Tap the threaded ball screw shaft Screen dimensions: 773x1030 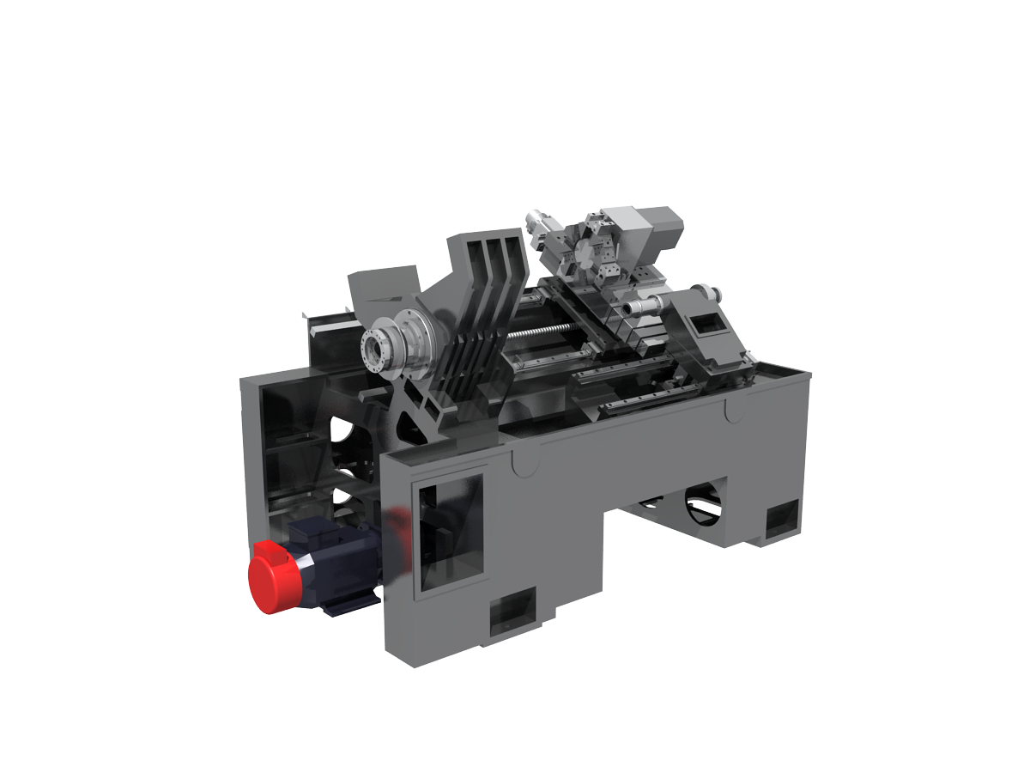tap(533, 329)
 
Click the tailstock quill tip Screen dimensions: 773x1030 tap(634, 307)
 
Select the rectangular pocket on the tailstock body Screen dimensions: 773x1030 tap(706, 325)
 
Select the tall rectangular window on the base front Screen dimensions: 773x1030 tap(448, 534)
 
